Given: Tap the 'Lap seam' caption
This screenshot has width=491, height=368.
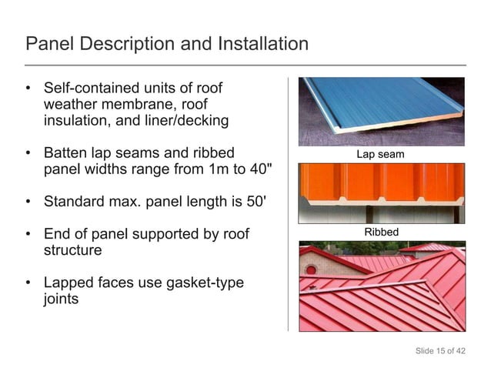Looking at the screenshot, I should (380, 155).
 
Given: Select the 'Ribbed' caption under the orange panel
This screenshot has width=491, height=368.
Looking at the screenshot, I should (381, 232).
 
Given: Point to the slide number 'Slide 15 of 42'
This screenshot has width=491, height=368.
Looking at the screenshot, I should (440, 351).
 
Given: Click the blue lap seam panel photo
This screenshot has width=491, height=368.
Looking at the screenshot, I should (382, 111).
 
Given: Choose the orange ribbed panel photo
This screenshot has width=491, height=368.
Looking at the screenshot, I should (382, 192).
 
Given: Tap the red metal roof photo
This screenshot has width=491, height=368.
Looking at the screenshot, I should (382, 286).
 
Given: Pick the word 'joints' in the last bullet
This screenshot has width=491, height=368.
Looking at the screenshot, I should (62, 299).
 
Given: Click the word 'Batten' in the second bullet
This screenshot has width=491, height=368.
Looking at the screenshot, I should (68, 153).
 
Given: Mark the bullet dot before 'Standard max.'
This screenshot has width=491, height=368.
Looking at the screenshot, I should (28, 203).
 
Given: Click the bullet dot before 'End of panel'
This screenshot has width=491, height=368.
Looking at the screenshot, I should (28, 235).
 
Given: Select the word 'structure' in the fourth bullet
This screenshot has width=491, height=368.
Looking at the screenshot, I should (73, 251).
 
